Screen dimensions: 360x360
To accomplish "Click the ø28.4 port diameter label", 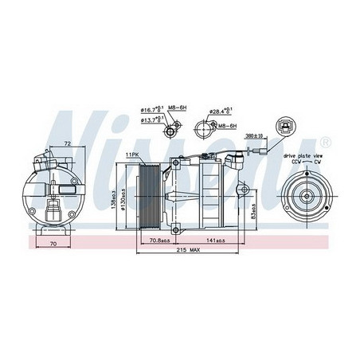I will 220,111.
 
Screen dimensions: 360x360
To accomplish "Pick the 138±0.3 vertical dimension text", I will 113,196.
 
